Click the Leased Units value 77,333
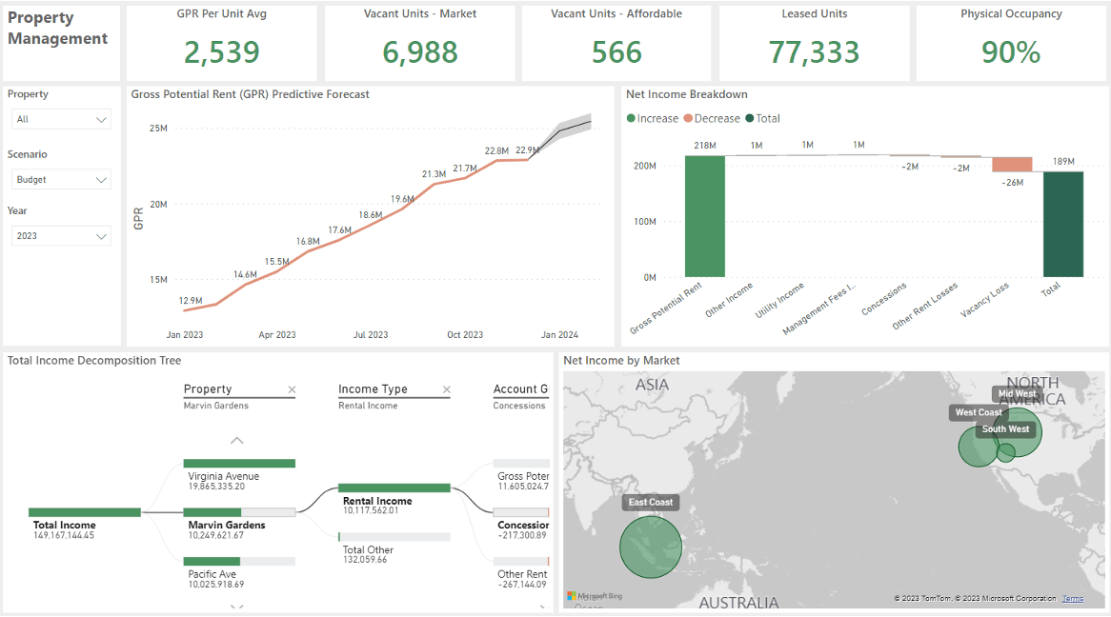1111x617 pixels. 814,52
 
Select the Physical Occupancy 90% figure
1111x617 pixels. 1010,52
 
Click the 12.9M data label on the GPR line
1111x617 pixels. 191,300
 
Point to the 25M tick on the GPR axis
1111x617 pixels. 157,128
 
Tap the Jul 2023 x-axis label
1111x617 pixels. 371,335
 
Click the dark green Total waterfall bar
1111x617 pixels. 1063,224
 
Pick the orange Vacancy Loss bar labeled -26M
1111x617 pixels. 1012,165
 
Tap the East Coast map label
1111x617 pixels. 651,502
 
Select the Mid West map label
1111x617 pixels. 1017,393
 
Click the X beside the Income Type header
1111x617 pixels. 445,389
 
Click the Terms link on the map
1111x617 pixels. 1073,598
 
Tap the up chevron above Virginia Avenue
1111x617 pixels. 237,441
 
